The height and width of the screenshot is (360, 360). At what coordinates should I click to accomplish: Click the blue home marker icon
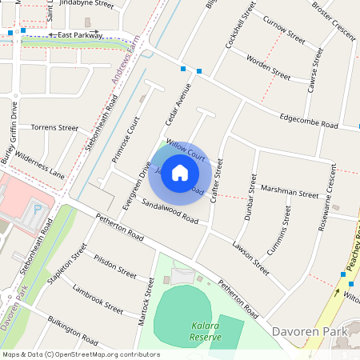pos(180,173)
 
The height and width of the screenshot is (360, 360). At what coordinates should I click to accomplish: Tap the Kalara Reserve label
pos(206,332)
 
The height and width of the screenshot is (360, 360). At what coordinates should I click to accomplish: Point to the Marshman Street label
pos(290,193)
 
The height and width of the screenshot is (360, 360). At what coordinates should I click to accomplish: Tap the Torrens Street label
pos(54,127)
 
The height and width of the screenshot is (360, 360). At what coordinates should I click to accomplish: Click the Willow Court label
pos(186,152)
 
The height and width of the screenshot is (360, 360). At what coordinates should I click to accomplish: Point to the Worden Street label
pos(268,67)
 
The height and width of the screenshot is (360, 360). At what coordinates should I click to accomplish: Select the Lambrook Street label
pos(97,298)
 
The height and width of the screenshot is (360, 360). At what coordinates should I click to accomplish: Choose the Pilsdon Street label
pos(114,265)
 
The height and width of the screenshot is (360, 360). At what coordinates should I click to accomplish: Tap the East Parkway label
pos(80,35)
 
